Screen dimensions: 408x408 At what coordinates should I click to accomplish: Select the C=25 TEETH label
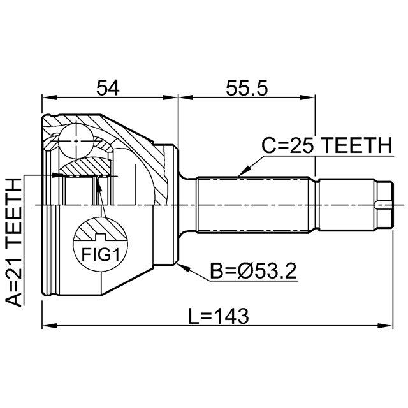click(326, 146)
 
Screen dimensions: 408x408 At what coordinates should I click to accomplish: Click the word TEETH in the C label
click(354, 146)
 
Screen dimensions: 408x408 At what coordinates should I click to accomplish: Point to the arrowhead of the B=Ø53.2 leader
click(182, 265)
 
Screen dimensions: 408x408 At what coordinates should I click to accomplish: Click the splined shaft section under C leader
click(255, 205)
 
